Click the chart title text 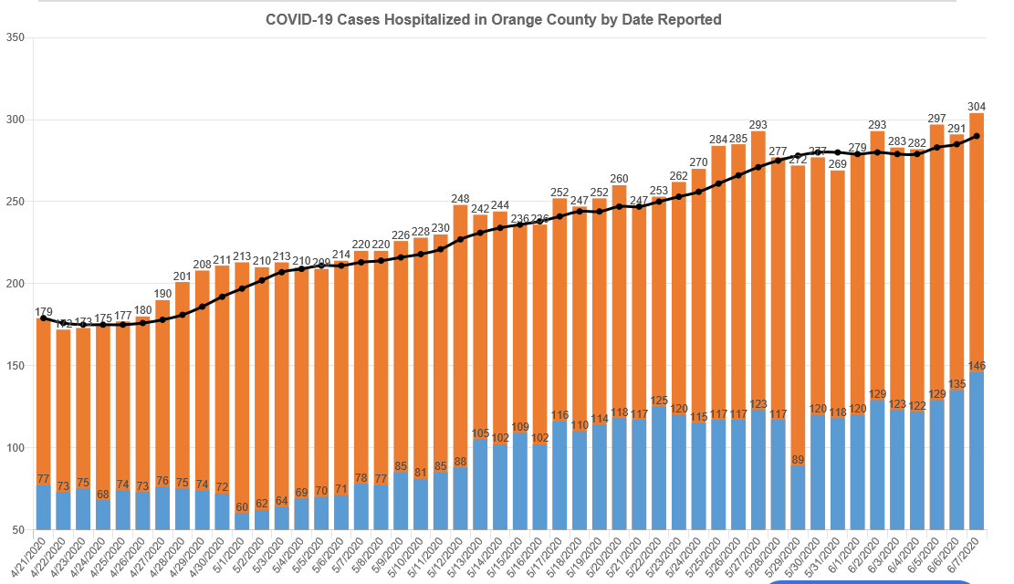click(x=493, y=19)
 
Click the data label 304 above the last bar click(x=977, y=104)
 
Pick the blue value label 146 click(x=977, y=365)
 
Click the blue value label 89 click(x=799, y=459)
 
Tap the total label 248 click(x=461, y=198)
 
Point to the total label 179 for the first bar click(x=44, y=312)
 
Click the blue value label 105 click(x=481, y=433)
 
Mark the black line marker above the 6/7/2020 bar click(x=977, y=136)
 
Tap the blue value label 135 click(x=957, y=383)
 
